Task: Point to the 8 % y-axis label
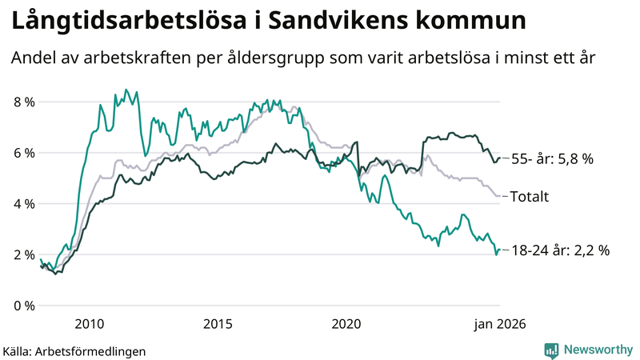pyautogui.click(x=24, y=102)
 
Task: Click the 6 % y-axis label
pyautogui.click(x=24, y=154)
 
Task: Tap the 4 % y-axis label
pyautogui.click(x=24, y=204)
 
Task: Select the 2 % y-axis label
pyautogui.click(x=24, y=255)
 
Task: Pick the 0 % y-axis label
pyautogui.click(x=24, y=306)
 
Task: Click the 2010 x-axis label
pyautogui.click(x=89, y=323)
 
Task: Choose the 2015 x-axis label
pyautogui.click(x=218, y=323)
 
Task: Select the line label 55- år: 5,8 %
pyautogui.click(x=551, y=159)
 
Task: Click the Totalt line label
pyautogui.click(x=529, y=196)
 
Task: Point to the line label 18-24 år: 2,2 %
pyautogui.click(x=559, y=250)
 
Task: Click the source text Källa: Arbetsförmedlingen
pyautogui.click(x=74, y=350)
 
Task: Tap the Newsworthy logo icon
pyautogui.click(x=551, y=350)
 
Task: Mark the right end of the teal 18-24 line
pyautogui.click(x=500, y=250)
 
